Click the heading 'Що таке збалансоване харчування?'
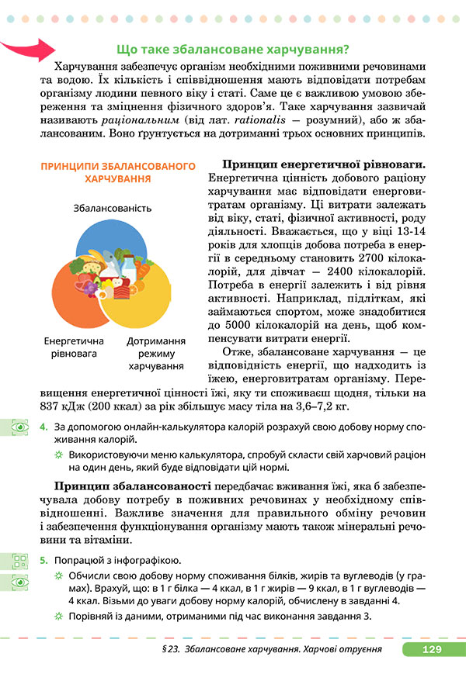tap(231, 49)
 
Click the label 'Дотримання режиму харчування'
tap(156, 353)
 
